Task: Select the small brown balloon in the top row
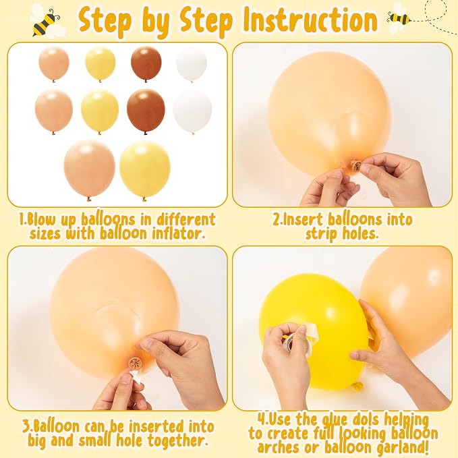point(146,64)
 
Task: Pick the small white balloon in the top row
point(192,64)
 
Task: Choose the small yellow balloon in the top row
point(101,64)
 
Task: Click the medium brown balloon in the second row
point(146,111)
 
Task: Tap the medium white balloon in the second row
point(192,111)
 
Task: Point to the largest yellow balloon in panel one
point(144,170)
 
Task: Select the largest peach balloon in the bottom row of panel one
point(90,169)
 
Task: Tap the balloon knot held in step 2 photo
point(355,165)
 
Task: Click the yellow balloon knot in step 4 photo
point(357,386)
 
